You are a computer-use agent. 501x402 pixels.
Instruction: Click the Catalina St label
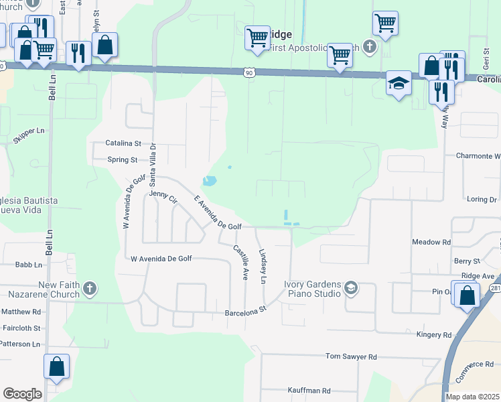pos(123,143)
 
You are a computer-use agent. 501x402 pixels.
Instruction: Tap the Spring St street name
pos(123,160)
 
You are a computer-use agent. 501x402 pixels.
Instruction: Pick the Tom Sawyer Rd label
pos(352,357)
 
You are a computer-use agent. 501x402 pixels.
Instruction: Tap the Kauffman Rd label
pos(307,391)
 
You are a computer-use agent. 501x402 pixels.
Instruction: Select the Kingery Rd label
pos(433,335)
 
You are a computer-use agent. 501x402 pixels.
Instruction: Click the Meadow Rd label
pos(431,242)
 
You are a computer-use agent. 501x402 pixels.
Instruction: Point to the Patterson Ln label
pos(21,344)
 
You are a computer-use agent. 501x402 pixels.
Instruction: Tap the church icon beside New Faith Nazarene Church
pos(89,289)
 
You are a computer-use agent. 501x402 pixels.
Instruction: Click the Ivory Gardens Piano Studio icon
pos(350,289)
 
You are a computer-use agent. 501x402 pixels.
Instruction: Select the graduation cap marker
pos(399,84)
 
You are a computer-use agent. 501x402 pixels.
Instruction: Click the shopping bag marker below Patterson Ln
pos(56,367)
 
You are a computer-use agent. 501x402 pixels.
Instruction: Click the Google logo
pos(22,394)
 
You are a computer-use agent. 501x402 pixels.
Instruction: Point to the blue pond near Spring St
pos(210,181)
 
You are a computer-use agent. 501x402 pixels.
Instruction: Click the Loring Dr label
pos(482,200)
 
